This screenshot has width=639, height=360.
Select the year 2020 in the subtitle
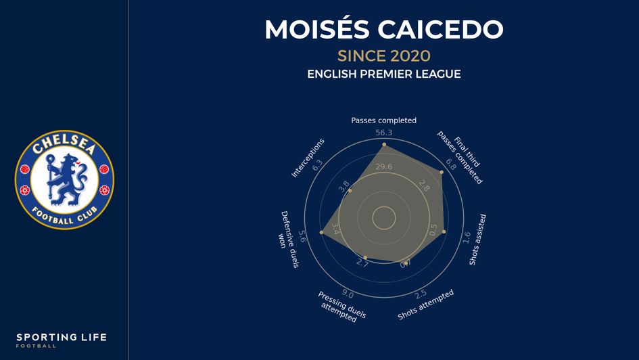(x=410, y=55)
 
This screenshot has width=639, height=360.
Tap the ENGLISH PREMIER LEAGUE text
(x=383, y=74)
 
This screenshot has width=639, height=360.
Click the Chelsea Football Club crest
(x=64, y=180)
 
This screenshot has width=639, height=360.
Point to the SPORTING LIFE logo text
(x=62, y=337)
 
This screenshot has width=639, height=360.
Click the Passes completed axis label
(x=383, y=120)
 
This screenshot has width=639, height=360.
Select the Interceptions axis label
(x=308, y=158)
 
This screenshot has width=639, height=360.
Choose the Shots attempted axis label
(x=425, y=305)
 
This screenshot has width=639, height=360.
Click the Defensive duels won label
(x=289, y=238)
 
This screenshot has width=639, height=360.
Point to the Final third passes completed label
(x=463, y=157)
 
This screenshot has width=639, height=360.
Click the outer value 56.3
(x=384, y=133)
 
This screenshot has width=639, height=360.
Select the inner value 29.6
(x=384, y=167)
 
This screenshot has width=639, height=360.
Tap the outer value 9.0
(x=348, y=294)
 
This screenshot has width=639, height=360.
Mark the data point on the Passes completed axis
(x=384, y=145)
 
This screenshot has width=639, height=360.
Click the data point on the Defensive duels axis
(x=321, y=233)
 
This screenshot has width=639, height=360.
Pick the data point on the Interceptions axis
(x=350, y=192)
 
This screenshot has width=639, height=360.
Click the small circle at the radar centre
(x=384, y=218)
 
